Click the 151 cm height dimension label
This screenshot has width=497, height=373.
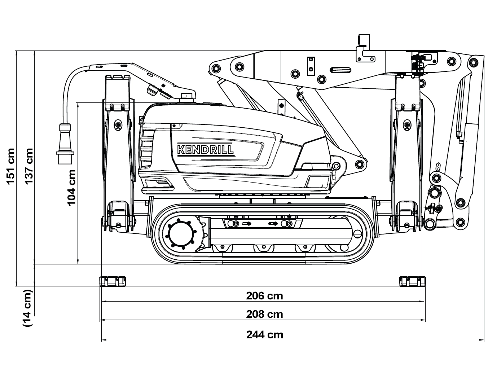(11, 166)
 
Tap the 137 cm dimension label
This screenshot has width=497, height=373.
(29, 166)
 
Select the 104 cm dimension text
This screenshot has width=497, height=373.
(72, 187)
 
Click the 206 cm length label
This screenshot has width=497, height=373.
(264, 296)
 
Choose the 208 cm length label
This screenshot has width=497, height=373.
(264, 314)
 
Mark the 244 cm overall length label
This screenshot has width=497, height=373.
(264, 335)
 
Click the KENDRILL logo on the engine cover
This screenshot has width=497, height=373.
(205, 149)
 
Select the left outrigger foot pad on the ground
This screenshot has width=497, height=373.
(113, 281)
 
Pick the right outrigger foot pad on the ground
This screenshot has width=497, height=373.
(412, 281)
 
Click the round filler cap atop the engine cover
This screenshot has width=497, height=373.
(186, 96)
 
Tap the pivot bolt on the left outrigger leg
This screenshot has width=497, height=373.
(117, 125)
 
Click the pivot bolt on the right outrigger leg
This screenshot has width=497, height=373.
(407, 125)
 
